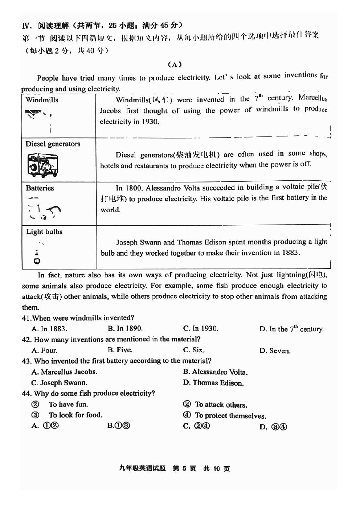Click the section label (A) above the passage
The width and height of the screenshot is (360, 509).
tap(175, 65)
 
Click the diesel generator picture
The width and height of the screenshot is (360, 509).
tap(42, 165)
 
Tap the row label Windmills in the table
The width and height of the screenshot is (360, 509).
tap(42, 100)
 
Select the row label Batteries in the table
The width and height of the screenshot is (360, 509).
tap(40, 188)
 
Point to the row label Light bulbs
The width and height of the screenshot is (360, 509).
tap(44, 232)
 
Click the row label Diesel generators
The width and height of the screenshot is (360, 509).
tap(53, 144)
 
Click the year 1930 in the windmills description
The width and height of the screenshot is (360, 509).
tap(150, 122)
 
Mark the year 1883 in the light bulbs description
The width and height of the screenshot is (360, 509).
tap(291, 253)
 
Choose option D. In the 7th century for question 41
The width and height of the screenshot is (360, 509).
tap(291, 329)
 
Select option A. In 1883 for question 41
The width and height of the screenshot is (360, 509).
tap(49, 329)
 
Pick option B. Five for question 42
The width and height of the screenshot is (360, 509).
tap(120, 350)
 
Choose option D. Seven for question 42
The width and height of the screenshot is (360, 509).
tap(275, 351)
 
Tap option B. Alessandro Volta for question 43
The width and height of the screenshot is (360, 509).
tap(215, 372)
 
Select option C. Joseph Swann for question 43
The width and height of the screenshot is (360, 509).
tap(59, 383)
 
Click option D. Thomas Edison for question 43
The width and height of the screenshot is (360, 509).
tap(213, 383)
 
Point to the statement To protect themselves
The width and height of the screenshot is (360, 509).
tap(230, 416)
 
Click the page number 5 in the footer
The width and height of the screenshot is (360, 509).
tap(184, 468)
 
